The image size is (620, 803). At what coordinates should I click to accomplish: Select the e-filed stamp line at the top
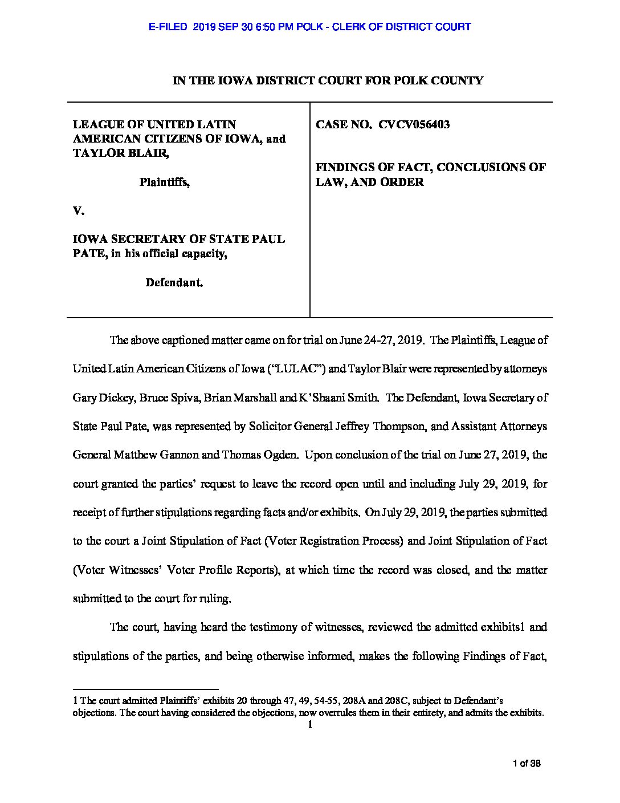point(309,27)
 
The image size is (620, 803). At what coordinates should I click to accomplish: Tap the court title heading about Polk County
point(328,81)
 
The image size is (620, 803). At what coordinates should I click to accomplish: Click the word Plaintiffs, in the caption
point(165,182)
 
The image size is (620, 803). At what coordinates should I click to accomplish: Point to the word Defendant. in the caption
point(174,282)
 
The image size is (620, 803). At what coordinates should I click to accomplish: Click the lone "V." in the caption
point(79,211)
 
